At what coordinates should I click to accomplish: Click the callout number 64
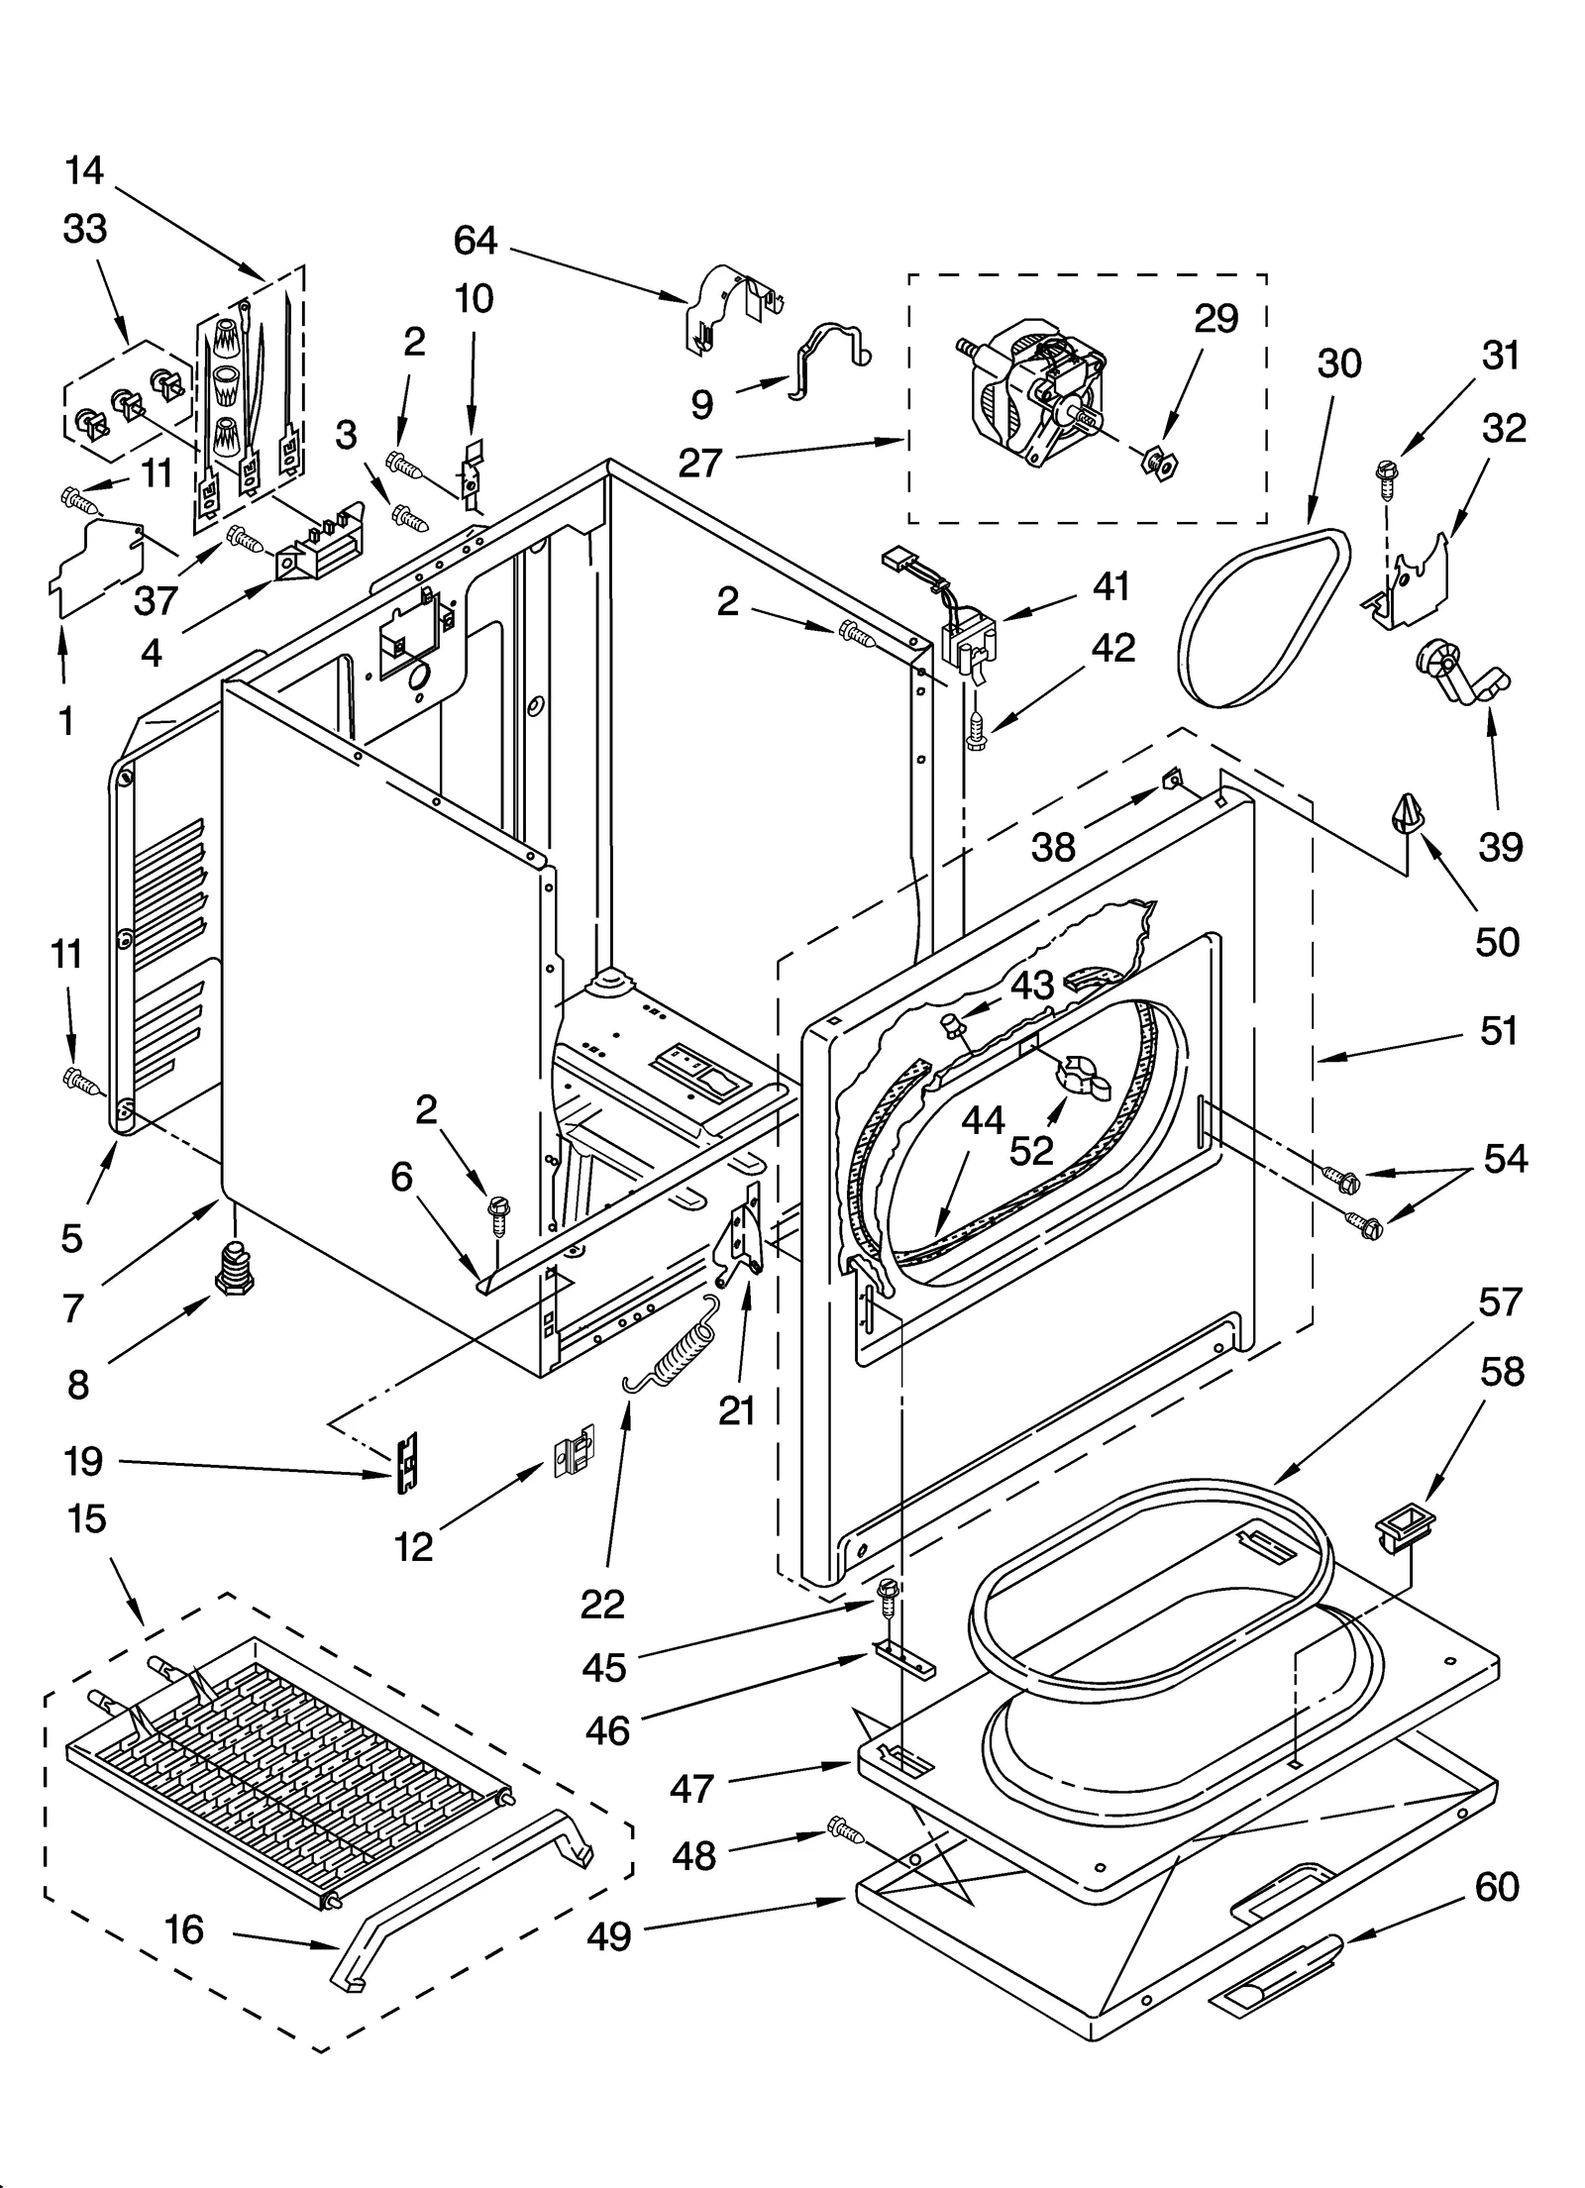pyautogui.click(x=475, y=241)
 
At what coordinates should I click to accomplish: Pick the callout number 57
pyautogui.click(x=1499, y=1301)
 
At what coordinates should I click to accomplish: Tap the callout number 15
pyautogui.click(x=87, y=1518)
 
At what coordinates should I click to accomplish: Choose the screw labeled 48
pyautogui.click(x=843, y=1828)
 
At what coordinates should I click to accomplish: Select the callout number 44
pyautogui.click(x=984, y=1120)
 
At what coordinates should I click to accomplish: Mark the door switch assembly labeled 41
pyautogui.click(x=967, y=641)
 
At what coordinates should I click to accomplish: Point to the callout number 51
pyautogui.click(x=1499, y=1031)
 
